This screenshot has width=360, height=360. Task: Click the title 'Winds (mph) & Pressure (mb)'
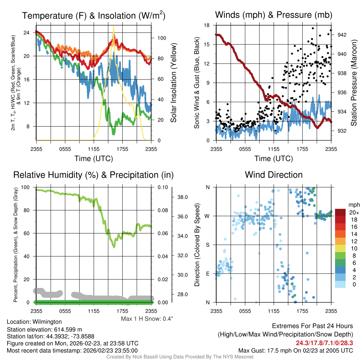(274, 15)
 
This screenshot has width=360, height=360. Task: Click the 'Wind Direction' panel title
(274, 175)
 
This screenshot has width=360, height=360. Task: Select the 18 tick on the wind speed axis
(207, 25)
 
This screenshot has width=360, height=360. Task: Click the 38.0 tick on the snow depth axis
(181, 197)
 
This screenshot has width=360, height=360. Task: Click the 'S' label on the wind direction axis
(207, 245)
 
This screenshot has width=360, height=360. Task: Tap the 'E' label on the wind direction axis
(207, 274)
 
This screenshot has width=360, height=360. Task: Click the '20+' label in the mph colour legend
(352, 213)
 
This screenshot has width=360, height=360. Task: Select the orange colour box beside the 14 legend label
(340, 234)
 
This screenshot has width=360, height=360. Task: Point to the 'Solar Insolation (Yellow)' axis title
(173, 83)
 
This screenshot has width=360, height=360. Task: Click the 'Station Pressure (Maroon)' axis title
(354, 83)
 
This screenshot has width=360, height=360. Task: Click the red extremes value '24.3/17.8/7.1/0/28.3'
(324, 343)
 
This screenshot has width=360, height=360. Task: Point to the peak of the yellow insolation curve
(113, 27)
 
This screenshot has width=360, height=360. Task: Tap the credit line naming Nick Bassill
(180, 357)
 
